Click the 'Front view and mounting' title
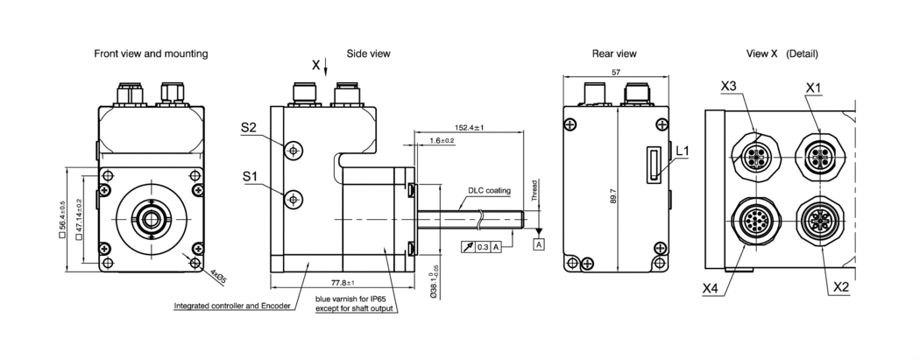coord(151,54)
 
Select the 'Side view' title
coord(368,54)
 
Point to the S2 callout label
coord(249,129)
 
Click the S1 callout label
coord(249,178)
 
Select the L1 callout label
coord(683,152)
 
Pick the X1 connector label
coord(814,87)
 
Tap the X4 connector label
coord(711,286)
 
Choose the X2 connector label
coord(841,286)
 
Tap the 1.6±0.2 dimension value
coord(442,140)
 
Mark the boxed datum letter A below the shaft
coord(538,244)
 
